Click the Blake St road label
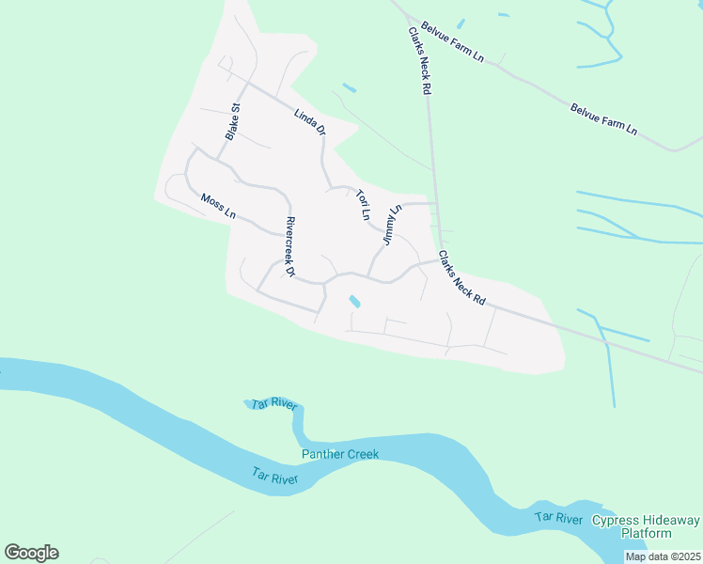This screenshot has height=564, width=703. coord(232,121)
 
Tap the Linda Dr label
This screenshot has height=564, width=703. coord(308,122)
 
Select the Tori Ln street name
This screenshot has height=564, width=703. coord(362,205)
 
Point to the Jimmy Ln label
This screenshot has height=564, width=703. coord(391,226)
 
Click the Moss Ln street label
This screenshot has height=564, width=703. coord(218,206)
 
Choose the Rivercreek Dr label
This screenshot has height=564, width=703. coord(289,248)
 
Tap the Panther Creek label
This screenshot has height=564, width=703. coord(339,454)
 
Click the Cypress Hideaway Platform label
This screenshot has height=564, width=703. coord(644,526)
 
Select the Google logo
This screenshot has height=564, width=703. coord(31,552)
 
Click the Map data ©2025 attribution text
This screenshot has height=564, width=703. coord(662,556)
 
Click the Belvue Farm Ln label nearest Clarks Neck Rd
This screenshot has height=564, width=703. coord(452,42)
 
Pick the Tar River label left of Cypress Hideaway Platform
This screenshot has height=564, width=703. coord(558,518)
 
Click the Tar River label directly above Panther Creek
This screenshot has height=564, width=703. coord(274,405)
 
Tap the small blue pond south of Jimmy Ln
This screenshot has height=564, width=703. coord(355,302)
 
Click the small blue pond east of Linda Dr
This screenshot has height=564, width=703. coord(350,87)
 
